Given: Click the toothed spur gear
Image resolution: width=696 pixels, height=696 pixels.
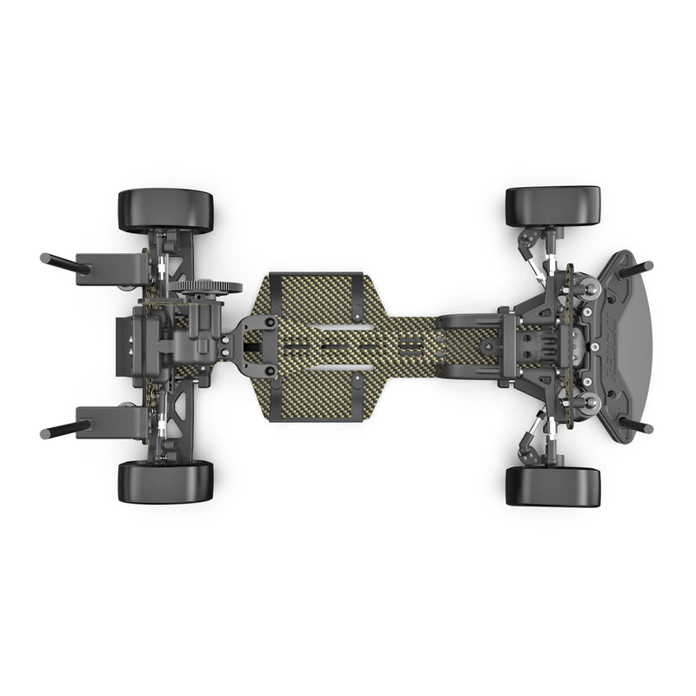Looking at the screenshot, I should pos(204,287).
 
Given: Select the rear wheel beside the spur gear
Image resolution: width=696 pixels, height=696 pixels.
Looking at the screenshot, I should pos(165,210).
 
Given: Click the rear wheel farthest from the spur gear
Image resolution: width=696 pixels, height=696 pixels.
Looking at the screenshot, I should pos(165,481).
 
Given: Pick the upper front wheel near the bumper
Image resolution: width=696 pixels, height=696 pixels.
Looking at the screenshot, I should pos(552,206).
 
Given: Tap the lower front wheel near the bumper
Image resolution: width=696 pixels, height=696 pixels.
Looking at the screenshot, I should pos(552,486).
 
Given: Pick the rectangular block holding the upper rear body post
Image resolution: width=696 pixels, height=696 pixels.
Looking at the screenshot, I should pos(109,264).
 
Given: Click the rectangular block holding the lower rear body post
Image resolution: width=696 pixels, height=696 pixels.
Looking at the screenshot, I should pos(109,422).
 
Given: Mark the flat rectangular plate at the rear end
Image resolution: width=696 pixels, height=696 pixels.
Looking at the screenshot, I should pos(124,345).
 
